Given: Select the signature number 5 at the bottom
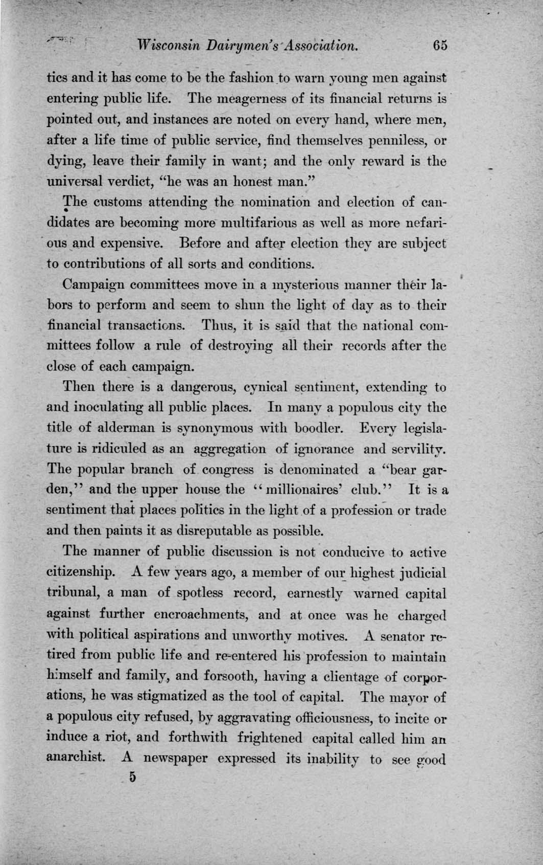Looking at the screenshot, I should (133, 777).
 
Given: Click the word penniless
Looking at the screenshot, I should (403, 140).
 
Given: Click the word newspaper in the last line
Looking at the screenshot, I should (175, 759).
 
